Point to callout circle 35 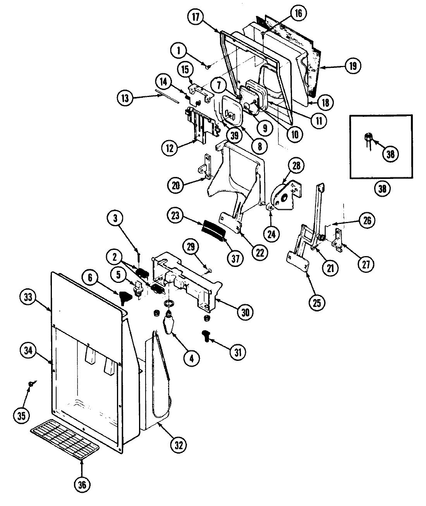[22, 416]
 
